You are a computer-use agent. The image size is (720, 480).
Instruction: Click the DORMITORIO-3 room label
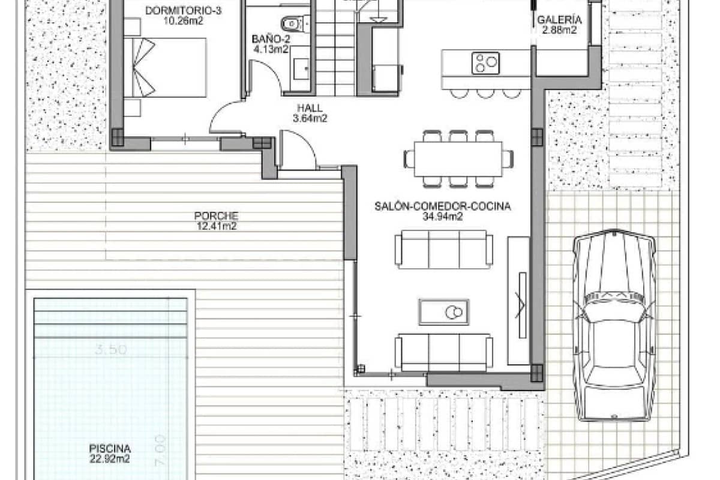[176, 10]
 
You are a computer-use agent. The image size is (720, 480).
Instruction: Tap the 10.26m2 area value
[176, 20]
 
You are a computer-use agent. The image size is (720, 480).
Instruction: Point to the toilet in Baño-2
[293, 23]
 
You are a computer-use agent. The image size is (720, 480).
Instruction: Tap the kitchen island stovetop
[485, 62]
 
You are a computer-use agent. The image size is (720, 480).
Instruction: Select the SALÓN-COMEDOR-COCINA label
[442, 206]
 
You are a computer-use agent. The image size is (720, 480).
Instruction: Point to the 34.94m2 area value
[442, 217]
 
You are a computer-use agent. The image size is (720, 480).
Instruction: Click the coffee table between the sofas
[444, 312]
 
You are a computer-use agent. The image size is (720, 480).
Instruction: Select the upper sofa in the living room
[444, 249]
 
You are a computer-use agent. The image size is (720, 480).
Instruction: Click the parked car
[614, 324]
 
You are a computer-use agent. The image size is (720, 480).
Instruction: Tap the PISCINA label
[110, 448]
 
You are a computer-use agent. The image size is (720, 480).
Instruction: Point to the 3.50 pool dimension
[111, 350]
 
